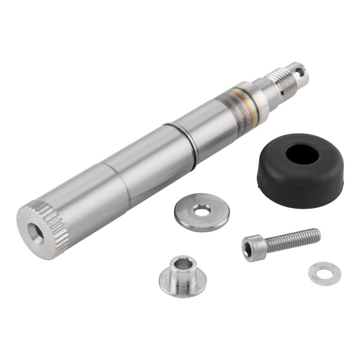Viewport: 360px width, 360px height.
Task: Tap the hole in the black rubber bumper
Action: coord(302,154)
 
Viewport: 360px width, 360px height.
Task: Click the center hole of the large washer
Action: coord(202,210)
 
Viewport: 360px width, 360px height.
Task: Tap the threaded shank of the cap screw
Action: coord(290,239)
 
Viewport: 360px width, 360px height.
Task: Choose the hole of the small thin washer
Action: coord(325,273)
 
